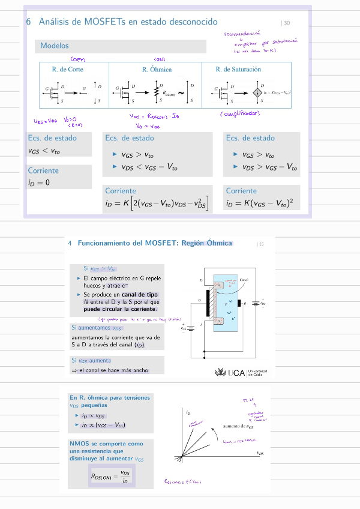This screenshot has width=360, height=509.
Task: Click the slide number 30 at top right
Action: pyautogui.click(x=286, y=23)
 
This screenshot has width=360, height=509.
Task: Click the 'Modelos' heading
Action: pyautogui.click(x=55, y=46)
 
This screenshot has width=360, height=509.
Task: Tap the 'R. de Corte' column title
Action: pyautogui.click(x=68, y=70)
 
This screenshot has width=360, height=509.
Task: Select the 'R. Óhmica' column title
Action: pyautogui.click(x=157, y=70)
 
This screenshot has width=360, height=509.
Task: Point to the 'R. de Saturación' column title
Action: pyautogui.click(x=238, y=70)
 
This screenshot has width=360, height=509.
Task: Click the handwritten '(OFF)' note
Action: pyautogui.click(x=79, y=59)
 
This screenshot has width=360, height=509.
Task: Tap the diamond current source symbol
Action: pyautogui.click(x=257, y=92)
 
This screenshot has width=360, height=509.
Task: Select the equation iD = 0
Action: pyautogui.click(x=39, y=182)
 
